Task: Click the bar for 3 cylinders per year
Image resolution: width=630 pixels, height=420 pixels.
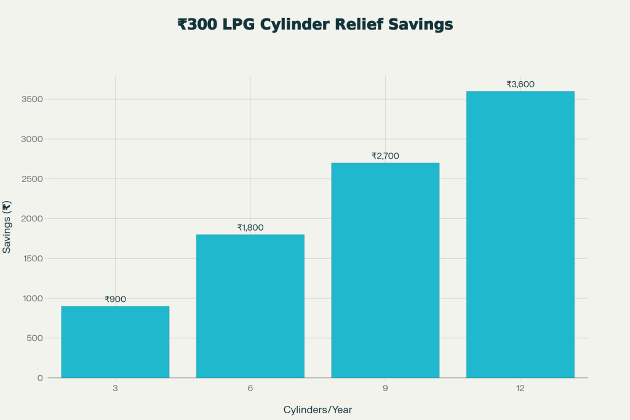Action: [115, 342]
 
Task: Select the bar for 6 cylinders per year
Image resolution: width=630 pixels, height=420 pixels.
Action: [250, 306]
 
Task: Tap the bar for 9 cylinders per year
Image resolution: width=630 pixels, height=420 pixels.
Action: [385, 270]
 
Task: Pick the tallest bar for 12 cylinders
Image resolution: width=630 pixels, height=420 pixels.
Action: [520, 234]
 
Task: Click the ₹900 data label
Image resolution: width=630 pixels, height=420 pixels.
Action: [115, 299]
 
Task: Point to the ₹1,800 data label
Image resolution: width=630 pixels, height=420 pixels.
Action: [250, 228]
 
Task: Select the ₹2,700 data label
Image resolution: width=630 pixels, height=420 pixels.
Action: [385, 156]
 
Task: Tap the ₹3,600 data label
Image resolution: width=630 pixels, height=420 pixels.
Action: [520, 84]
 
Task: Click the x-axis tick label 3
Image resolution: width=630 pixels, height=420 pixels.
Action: [115, 389]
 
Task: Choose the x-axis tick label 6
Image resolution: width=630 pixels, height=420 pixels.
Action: [250, 389]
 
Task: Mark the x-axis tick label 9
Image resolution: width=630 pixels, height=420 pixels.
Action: [385, 389]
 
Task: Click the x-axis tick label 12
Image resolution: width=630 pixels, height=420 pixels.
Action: [520, 389]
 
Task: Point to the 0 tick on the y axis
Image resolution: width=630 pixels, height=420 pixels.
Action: [39, 378]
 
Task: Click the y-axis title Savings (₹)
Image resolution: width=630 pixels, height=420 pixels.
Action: [7, 227]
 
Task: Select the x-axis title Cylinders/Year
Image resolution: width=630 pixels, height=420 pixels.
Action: [317, 410]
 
